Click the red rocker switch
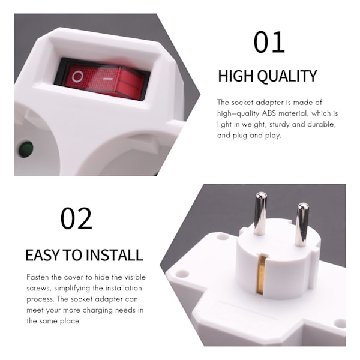click(x=104, y=80)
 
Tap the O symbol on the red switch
click(x=77, y=77)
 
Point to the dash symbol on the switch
click(x=107, y=79)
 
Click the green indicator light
click(x=26, y=149)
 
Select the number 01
click(x=269, y=43)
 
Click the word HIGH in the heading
click(x=236, y=76)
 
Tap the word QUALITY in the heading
click(x=287, y=76)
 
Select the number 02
click(x=76, y=218)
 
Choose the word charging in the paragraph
click(x=98, y=310)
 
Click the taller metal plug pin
click(x=260, y=213)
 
